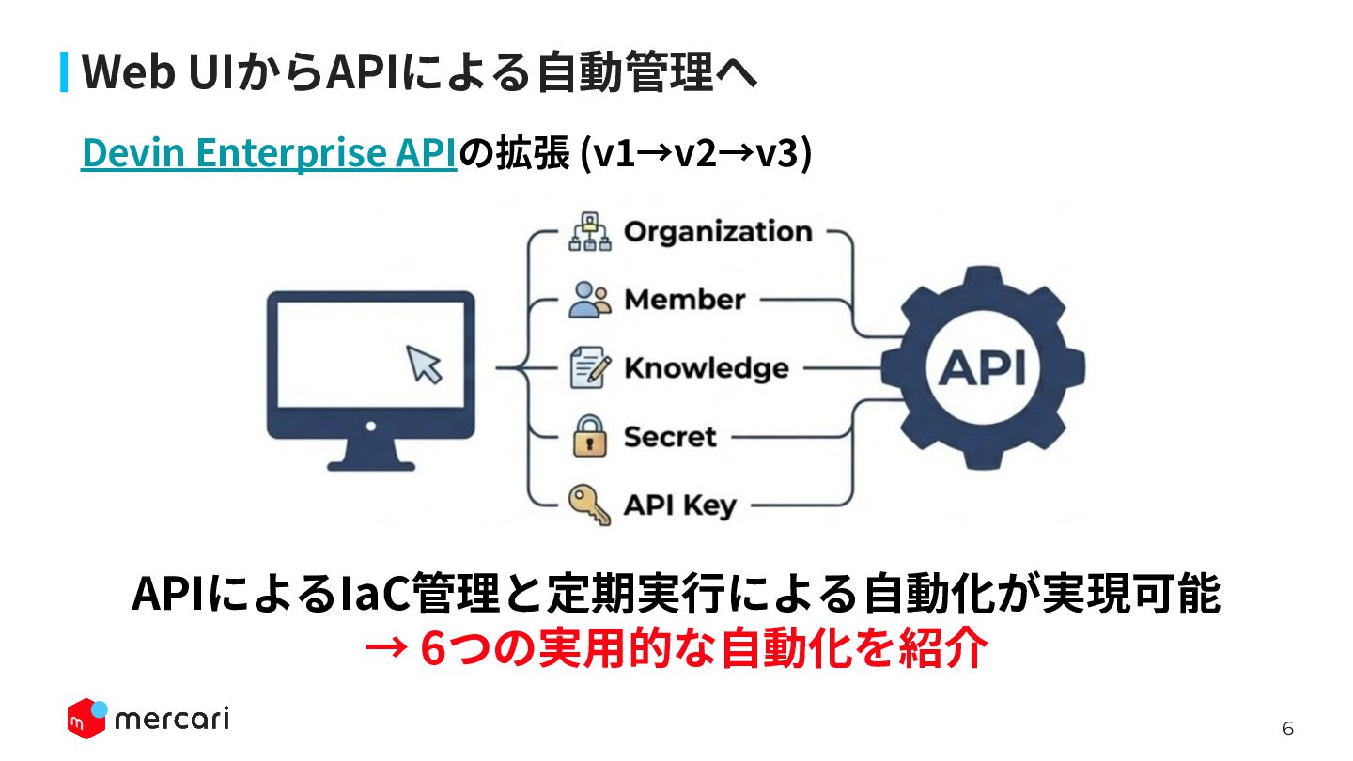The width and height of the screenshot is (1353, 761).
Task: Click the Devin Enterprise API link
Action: coord(269,154)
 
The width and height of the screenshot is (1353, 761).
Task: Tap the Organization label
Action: coord(718,232)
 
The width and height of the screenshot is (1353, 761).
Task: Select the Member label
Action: coord(684,300)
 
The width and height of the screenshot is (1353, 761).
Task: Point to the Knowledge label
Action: coord(706,368)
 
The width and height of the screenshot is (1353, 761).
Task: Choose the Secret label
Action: coord(669,437)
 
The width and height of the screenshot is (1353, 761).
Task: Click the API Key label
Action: coord(680,505)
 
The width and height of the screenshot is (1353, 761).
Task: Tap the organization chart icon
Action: coord(589,233)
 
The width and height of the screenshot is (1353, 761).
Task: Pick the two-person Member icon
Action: coord(589,300)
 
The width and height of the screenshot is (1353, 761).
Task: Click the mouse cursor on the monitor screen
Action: coord(424,364)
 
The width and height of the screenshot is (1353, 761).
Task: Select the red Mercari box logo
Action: coord(86,719)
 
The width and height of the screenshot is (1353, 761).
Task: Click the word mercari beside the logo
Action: coord(171,720)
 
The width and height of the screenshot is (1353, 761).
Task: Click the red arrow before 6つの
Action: coord(385,648)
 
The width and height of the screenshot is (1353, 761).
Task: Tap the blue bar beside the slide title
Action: coord(64,72)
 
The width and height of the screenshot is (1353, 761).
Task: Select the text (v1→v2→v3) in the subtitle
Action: coord(696,154)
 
